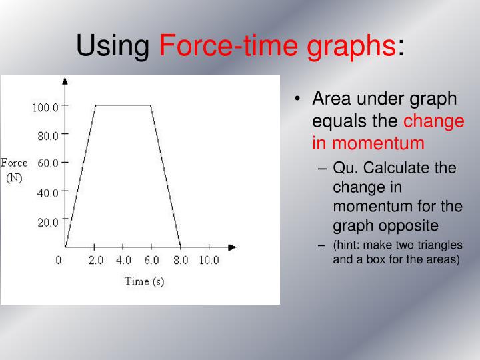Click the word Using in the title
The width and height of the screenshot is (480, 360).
tap(114, 46)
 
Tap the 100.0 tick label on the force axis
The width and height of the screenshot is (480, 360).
tap(46, 107)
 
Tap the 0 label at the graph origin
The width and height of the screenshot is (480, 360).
tap(59, 260)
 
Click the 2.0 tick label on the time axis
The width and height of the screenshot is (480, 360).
tap(96, 260)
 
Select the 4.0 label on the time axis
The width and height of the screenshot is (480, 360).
tap(124, 260)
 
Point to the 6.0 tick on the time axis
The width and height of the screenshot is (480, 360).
tap(152, 260)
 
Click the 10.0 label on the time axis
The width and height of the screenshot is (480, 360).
tap(208, 260)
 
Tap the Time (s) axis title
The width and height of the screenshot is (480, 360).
tap(144, 281)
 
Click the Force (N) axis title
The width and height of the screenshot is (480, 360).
tap(14, 170)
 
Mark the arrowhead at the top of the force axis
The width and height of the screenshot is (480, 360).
tap(65, 81)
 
